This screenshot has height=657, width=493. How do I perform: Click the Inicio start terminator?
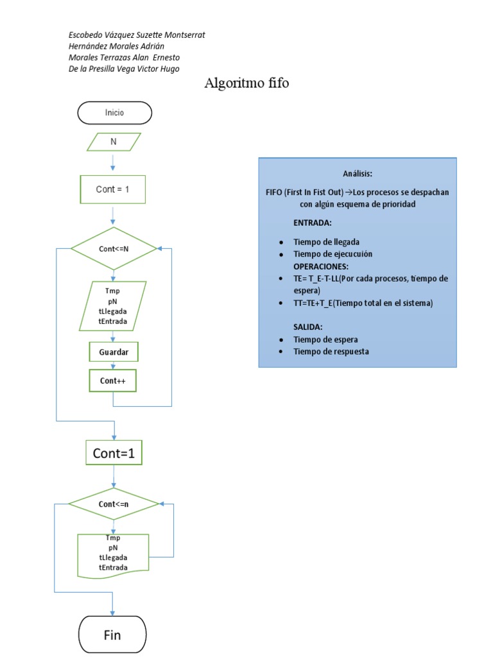click(114, 113)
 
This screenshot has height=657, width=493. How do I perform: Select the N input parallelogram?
click(114, 142)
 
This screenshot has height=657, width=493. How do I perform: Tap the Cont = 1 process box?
click(113, 189)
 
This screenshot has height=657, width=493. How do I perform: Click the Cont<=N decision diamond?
click(113, 248)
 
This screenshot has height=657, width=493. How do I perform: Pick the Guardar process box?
click(113, 353)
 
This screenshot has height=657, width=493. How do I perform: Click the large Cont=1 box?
click(114, 453)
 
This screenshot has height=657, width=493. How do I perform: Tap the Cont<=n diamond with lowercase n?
click(113, 504)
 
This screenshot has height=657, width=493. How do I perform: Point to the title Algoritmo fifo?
click(246, 83)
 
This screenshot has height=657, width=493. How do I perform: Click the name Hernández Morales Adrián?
click(116, 46)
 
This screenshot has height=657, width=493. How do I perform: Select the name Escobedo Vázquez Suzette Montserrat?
click(136, 35)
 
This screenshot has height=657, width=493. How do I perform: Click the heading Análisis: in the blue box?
click(358, 175)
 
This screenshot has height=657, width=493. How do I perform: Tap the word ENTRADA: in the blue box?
click(313, 222)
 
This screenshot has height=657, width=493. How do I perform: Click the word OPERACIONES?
click(321, 266)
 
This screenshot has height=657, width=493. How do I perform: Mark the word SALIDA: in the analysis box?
click(308, 327)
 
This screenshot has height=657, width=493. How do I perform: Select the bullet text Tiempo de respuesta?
click(331, 352)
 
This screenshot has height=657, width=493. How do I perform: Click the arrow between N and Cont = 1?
click(113, 161)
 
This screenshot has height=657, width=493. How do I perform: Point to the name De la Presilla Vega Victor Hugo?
click(124, 69)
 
